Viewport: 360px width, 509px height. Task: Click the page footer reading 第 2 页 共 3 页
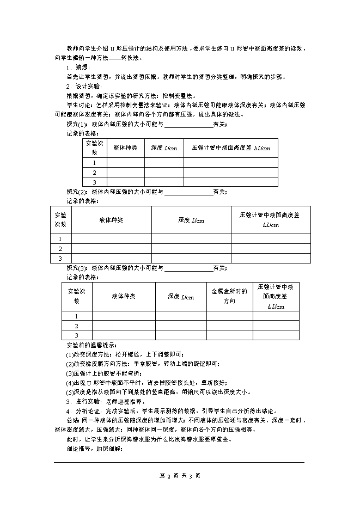[x=180, y=475]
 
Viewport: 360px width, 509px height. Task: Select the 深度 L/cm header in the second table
[x=191, y=220]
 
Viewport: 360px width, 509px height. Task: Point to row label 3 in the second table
[x=60, y=258]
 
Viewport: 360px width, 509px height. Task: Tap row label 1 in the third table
[x=77, y=316]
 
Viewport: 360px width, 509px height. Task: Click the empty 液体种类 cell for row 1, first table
[x=125, y=163]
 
